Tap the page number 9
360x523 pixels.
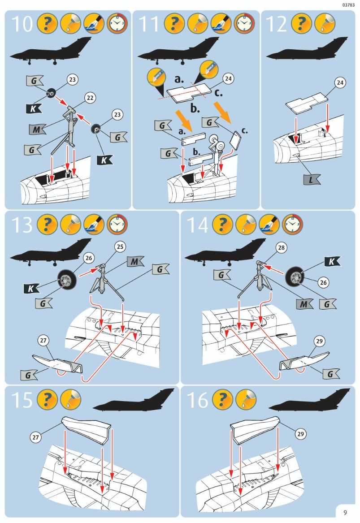click(345, 513)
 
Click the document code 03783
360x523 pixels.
click(348, 5)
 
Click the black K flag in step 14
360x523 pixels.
click(331, 261)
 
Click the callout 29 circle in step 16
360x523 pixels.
click(300, 433)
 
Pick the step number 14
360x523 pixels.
click(197, 225)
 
